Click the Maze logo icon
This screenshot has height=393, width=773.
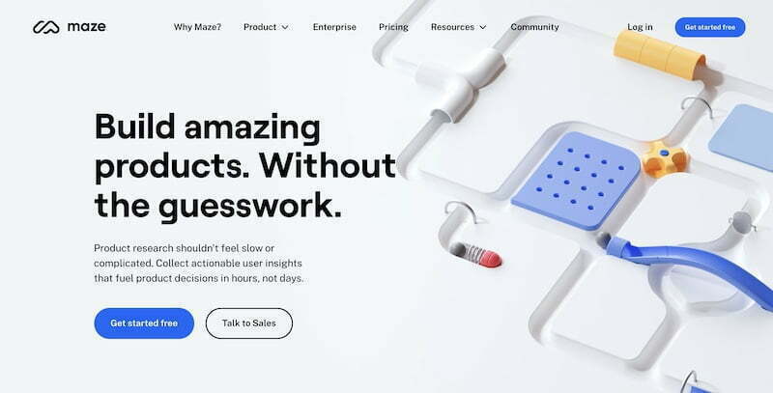[x=45, y=27]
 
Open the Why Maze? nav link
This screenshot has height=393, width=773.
[x=197, y=27]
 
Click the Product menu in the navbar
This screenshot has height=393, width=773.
[x=266, y=27]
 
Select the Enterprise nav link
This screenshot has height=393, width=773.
[x=334, y=27]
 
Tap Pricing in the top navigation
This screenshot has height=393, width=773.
[x=393, y=27]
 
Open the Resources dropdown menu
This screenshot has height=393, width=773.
[x=458, y=27]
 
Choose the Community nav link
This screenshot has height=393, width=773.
[x=534, y=27]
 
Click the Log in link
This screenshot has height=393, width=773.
[x=640, y=27]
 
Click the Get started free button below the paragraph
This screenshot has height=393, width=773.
[x=144, y=323]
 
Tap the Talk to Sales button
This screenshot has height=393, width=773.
[x=249, y=323]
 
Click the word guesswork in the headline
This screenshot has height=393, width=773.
[x=249, y=207]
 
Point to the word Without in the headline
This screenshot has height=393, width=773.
[x=328, y=165]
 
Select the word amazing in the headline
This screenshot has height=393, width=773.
[x=252, y=128]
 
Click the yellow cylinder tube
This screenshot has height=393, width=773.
[x=660, y=54]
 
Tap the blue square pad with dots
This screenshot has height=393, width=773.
[x=576, y=181]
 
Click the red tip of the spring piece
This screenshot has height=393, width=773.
[x=491, y=259]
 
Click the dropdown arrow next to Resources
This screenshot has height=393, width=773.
[x=482, y=28]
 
